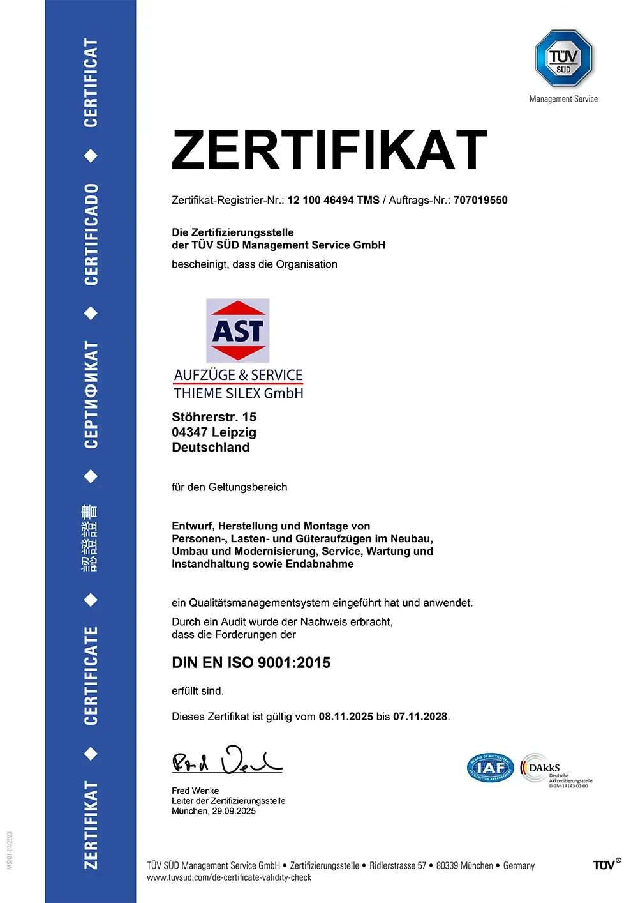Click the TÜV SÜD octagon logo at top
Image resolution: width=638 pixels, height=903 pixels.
click(563, 58)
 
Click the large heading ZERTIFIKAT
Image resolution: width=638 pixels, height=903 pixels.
click(329, 150)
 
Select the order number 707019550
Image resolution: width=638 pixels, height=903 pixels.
click(480, 200)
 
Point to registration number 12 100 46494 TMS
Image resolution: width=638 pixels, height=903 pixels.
click(333, 200)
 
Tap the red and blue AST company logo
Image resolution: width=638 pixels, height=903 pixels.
click(237, 330)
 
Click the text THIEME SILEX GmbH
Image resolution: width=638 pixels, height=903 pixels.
click(239, 393)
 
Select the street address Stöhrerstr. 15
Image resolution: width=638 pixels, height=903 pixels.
click(214, 417)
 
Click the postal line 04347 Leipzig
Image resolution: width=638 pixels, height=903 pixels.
click(214, 432)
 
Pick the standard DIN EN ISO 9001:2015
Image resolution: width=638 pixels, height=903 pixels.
click(251, 663)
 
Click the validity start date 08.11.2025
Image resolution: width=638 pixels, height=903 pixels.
click(346, 717)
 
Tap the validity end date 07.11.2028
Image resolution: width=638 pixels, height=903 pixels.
click(420, 717)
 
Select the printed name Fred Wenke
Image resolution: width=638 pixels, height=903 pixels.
click(195, 791)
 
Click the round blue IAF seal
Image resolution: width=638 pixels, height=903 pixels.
click(490, 767)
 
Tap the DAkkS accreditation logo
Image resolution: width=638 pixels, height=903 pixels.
click(555, 770)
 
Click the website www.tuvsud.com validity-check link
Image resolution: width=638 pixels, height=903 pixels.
click(229, 877)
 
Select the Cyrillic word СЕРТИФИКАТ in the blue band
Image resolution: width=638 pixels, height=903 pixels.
click(91, 395)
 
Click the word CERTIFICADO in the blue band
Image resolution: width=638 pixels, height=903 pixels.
click(91, 234)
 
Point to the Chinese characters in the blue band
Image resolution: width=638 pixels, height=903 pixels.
click(90, 537)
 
